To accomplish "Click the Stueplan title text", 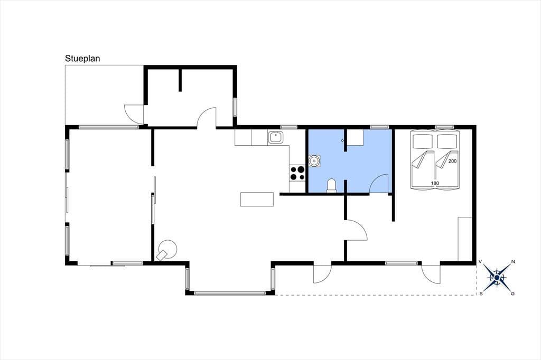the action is point(82,58).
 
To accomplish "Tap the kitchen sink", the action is point(276,137).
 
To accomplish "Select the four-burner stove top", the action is point(297,173).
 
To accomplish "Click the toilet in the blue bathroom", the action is point(332,185).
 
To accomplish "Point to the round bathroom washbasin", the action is point(314,160).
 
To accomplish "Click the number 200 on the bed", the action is point(452,161).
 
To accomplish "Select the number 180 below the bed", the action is point(435,183).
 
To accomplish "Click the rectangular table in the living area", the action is point(257,200).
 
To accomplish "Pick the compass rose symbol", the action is point(497,277).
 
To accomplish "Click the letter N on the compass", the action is point(513,262).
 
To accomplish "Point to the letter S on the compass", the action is point(481,294).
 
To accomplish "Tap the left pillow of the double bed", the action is point(423,140).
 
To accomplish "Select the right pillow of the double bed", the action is point(447,140).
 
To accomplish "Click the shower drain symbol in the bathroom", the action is point(342,141).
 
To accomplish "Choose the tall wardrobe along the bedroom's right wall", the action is point(465,239).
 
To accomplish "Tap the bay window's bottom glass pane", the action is point(230,293).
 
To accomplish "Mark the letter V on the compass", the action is point(480,262).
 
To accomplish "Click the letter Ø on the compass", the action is point(512,294).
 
